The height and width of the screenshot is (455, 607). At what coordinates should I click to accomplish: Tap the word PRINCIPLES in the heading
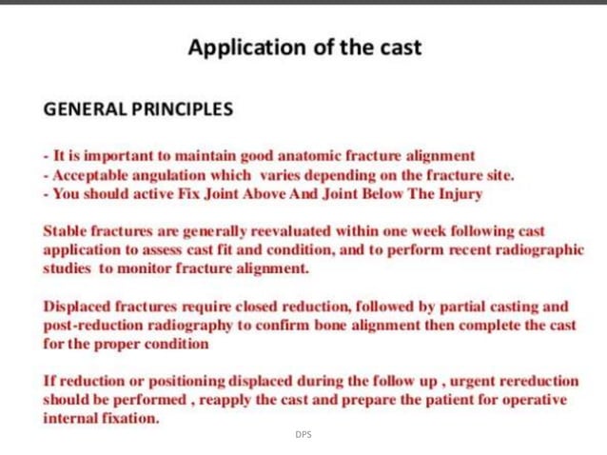click(181, 109)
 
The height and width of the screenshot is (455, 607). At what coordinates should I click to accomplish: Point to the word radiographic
click(540, 249)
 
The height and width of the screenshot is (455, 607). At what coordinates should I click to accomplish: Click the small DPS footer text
click(303, 435)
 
